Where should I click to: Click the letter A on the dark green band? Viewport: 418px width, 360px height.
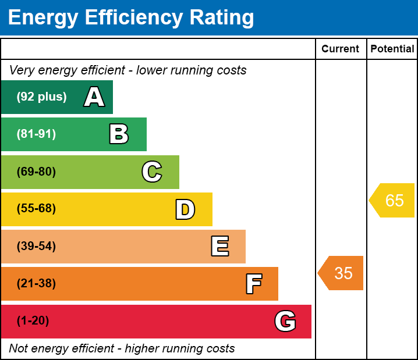point(94,97)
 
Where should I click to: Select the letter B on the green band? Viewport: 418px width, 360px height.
point(119,134)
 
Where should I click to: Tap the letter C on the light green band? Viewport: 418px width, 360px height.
point(152,172)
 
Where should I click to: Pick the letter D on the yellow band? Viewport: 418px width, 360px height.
point(185,209)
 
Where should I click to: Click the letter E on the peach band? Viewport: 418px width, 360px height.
point(219,247)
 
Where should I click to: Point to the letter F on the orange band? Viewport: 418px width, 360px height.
point(253,284)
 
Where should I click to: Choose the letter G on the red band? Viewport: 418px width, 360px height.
point(285,321)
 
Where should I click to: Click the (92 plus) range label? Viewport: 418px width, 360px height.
point(41,97)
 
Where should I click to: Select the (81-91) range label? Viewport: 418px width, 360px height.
point(36,134)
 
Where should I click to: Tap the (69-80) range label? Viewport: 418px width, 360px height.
point(36,172)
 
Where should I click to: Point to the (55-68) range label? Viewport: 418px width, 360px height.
point(36,209)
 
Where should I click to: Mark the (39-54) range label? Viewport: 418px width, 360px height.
point(36,247)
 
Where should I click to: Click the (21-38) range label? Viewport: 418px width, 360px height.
point(36,284)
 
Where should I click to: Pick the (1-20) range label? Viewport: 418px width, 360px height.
point(33,321)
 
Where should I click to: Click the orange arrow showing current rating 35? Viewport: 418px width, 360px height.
point(342,273)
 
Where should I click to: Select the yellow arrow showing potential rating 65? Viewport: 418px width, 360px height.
point(393,201)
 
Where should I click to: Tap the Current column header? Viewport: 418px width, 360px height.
point(341,49)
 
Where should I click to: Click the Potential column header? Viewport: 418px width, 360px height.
point(392,49)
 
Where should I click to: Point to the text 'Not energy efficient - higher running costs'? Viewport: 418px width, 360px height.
point(122,348)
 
